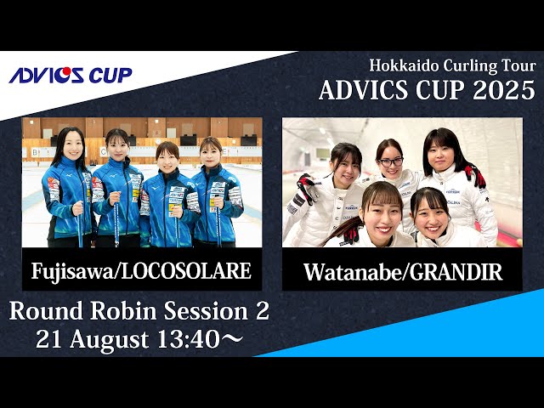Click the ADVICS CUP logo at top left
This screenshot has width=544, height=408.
[x=71, y=75]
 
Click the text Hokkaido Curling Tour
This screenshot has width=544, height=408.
[x=452, y=65]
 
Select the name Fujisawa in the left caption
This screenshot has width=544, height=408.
[x=71, y=271]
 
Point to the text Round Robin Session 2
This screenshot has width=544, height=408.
[x=139, y=312]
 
